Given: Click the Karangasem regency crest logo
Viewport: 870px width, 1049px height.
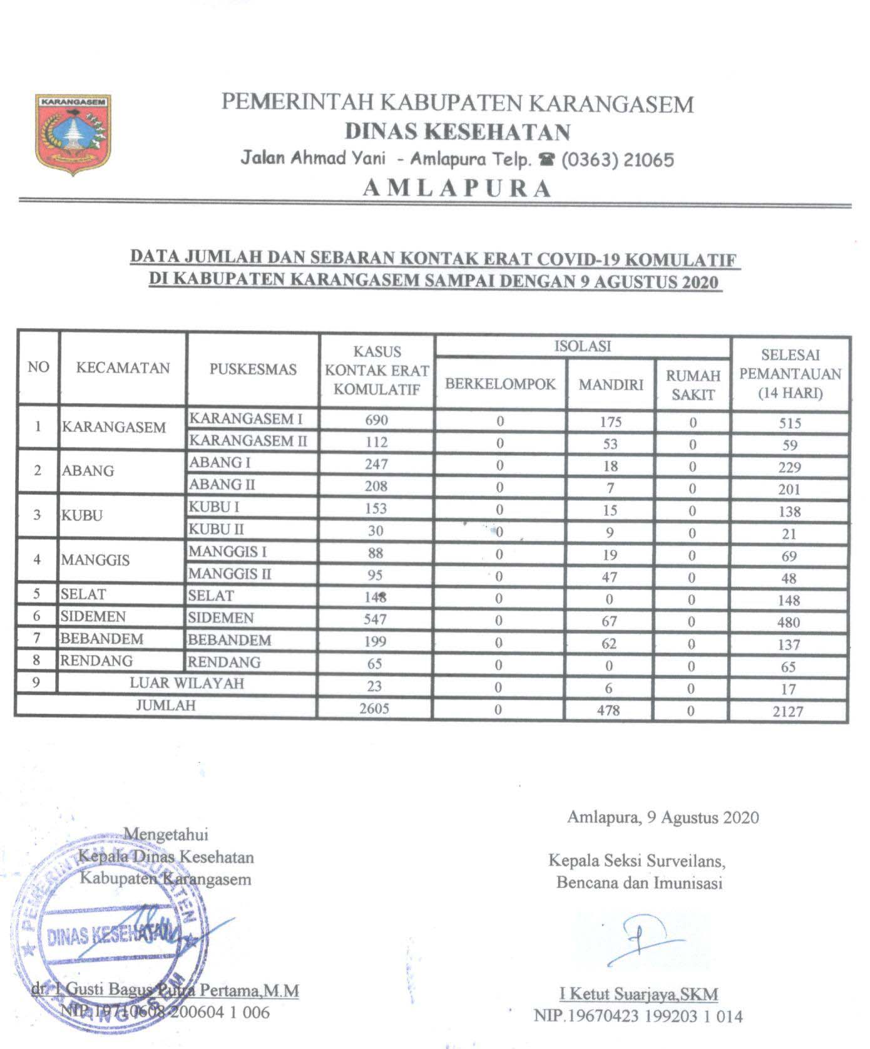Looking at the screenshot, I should (x=73, y=132).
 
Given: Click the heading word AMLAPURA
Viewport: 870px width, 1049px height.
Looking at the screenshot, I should (x=457, y=189).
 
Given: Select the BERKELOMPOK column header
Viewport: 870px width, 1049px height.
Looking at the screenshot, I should (x=500, y=384).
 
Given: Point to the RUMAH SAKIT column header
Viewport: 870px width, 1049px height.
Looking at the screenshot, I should (x=693, y=385).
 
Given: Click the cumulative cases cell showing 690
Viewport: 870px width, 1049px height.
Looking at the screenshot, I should (x=376, y=420).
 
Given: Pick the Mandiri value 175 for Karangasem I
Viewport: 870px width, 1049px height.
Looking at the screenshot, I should (x=610, y=421).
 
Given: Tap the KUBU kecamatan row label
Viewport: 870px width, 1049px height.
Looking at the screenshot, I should (x=82, y=516).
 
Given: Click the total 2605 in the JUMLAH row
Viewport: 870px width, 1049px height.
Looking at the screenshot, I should (x=374, y=708).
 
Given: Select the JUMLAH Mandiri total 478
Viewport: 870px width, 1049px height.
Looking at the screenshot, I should (x=609, y=710).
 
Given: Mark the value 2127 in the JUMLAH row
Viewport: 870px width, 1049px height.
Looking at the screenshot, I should (x=788, y=711).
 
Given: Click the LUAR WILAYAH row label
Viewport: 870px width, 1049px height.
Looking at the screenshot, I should (x=187, y=683).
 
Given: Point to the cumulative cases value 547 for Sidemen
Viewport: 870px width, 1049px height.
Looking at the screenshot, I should (x=376, y=619).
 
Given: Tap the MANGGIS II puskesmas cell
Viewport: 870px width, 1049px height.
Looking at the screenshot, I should (x=230, y=574).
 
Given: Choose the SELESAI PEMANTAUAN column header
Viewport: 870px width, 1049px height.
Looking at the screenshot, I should (x=790, y=374).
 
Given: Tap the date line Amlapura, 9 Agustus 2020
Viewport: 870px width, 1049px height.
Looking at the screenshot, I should (x=663, y=817).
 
